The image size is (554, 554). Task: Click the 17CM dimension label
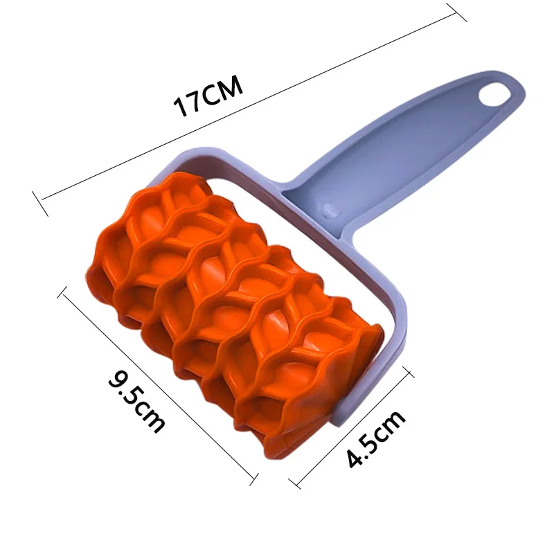208,95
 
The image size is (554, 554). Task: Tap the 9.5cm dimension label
136,401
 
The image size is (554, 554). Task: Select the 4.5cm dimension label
375,438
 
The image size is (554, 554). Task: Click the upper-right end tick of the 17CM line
456,12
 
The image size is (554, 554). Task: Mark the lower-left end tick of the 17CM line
40,204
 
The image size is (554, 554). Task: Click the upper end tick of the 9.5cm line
62,292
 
